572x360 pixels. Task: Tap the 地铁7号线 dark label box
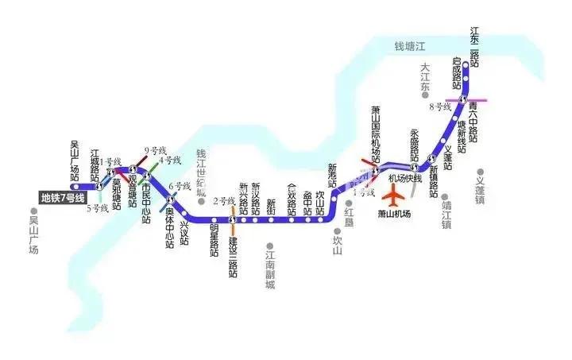click(64, 196)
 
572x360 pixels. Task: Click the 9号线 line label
click(154, 150)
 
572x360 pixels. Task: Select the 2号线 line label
click(222, 201)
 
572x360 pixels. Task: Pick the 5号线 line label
click(97, 208)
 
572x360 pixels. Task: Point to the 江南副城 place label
click(271, 269)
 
